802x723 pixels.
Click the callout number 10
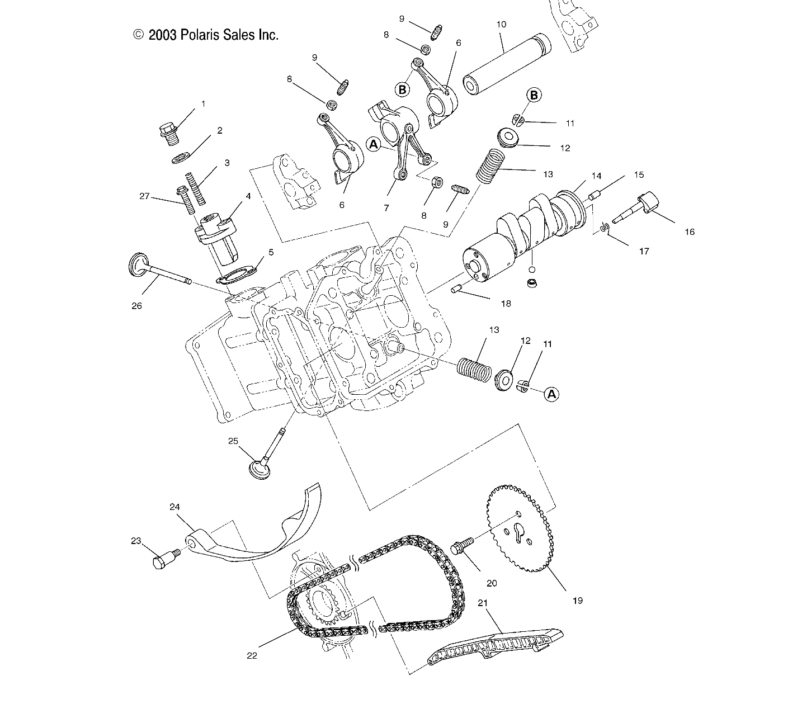(501, 25)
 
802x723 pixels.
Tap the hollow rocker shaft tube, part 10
(506, 62)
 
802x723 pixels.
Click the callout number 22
(252, 655)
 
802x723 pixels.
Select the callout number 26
(136, 306)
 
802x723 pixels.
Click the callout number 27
(145, 196)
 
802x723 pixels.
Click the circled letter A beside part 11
(552, 394)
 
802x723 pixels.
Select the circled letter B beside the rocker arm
(402, 89)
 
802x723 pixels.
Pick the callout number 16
(689, 231)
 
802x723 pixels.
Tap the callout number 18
(506, 304)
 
